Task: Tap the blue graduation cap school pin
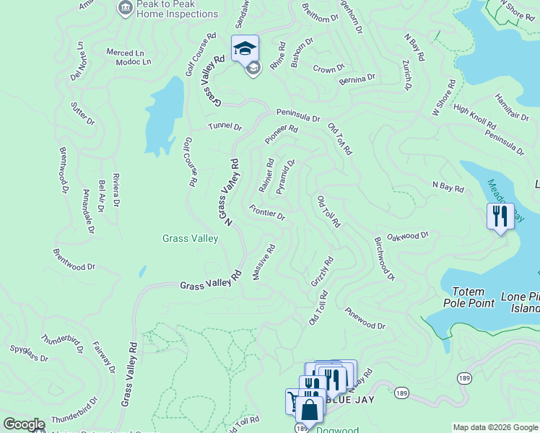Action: point(245,48)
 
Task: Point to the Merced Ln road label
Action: point(125,53)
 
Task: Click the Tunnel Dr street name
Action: point(225,126)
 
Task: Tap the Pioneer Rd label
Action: point(281,134)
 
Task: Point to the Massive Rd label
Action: point(264,262)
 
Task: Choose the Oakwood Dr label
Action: point(408,235)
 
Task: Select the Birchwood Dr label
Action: point(384,258)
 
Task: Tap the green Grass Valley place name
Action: point(190,239)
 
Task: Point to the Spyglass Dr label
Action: point(29,354)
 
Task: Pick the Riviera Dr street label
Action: point(116,196)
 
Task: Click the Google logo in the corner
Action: point(24,424)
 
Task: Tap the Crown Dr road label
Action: point(326,69)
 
